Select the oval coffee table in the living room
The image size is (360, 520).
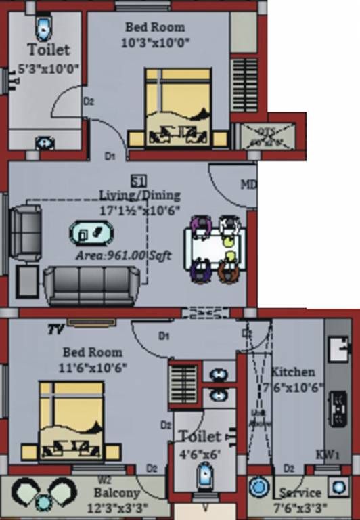tap(91, 234)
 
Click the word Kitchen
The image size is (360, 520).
tap(293, 372)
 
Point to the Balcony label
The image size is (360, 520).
tap(117, 493)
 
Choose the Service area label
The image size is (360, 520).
tap(300, 493)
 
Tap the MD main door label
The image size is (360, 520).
tap(248, 184)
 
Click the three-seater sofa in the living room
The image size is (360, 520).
tap(92, 286)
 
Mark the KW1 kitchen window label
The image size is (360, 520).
tap(327, 454)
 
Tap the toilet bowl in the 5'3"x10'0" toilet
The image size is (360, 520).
tap(43, 28)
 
